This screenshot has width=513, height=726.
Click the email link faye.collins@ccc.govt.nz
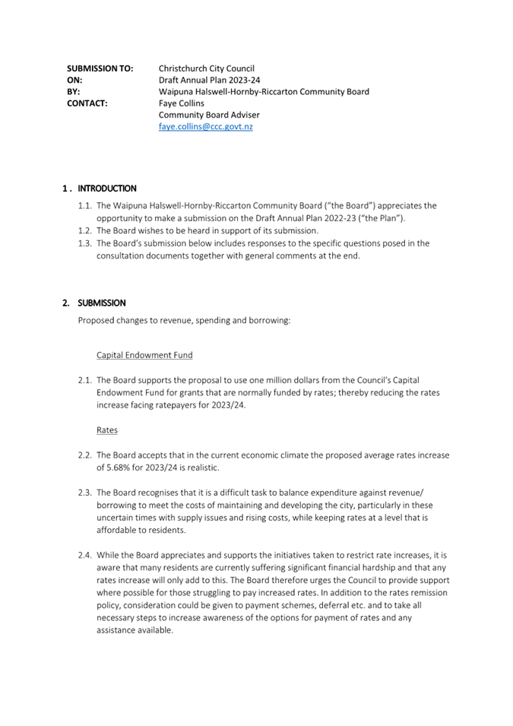[x=205, y=127]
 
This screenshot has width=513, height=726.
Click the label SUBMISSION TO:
[x=100, y=68]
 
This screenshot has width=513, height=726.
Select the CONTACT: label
[x=87, y=103]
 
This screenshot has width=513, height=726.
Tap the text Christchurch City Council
[x=206, y=68]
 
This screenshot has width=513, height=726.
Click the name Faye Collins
[x=181, y=103]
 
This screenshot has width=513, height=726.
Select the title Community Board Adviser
[x=209, y=115]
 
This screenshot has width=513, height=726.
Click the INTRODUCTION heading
[x=107, y=189]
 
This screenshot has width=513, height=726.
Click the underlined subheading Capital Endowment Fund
[x=144, y=355]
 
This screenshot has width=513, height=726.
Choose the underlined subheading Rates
[x=107, y=430]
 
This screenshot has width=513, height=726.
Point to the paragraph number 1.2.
[x=85, y=230]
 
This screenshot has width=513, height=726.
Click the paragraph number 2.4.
[x=85, y=555]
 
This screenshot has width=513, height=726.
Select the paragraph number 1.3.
[x=85, y=243]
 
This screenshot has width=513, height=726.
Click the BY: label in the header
[x=74, y=92]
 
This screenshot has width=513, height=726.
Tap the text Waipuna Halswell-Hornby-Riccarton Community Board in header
[x=264, y=92]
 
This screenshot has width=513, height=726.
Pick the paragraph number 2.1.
[x=85, y=380]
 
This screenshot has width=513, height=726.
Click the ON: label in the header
[x=74, y=80]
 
